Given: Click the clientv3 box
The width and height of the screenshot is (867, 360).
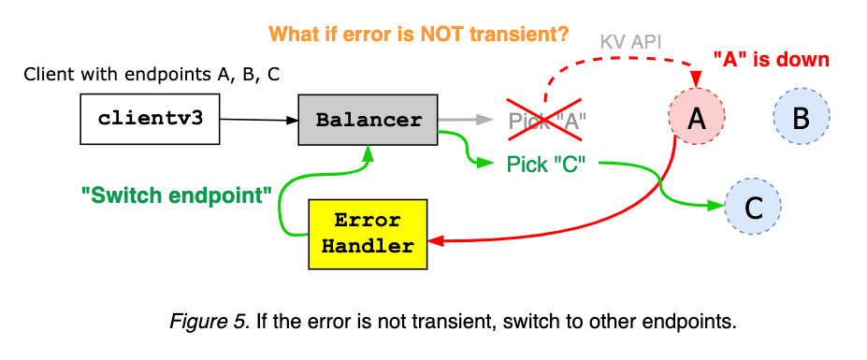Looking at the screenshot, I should point(151,120).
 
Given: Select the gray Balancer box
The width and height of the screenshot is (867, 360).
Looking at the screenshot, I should point(368,120).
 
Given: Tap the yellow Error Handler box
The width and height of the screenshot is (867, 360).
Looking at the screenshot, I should point(367,234).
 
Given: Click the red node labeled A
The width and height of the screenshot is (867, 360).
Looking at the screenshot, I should point(696,118).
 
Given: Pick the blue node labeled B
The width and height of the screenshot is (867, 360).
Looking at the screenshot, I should point(801,118).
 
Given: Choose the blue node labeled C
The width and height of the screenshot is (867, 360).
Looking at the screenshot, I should point(753,205).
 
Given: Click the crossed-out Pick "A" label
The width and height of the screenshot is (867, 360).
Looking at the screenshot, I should point(546,121).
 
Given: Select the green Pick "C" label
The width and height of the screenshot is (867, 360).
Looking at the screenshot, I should point(545,164).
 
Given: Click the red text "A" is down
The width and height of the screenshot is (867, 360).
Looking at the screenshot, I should point(771,59).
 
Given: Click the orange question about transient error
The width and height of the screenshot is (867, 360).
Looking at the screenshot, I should point(418,35).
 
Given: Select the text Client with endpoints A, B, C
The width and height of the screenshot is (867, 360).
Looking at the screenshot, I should point(152,75).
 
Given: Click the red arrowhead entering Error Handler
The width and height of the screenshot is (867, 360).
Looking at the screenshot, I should point(435,242).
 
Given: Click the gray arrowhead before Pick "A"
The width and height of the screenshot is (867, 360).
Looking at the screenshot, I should point(484,120).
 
